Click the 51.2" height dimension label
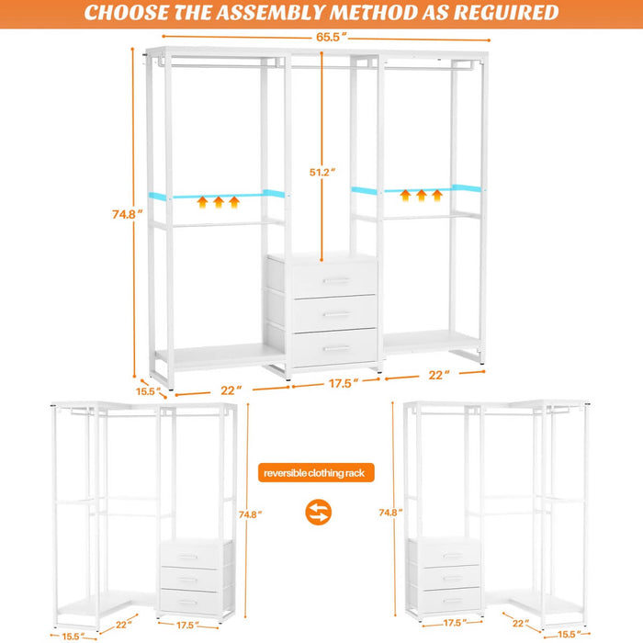[x=321, y=172]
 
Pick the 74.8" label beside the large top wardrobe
[x=123, y=214]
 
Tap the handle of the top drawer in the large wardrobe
[x=335, y=280]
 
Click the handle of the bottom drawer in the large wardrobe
[x=335, y=348]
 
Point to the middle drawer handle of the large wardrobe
[x=335, y=314]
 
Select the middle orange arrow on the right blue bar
[x=422, y=195]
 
